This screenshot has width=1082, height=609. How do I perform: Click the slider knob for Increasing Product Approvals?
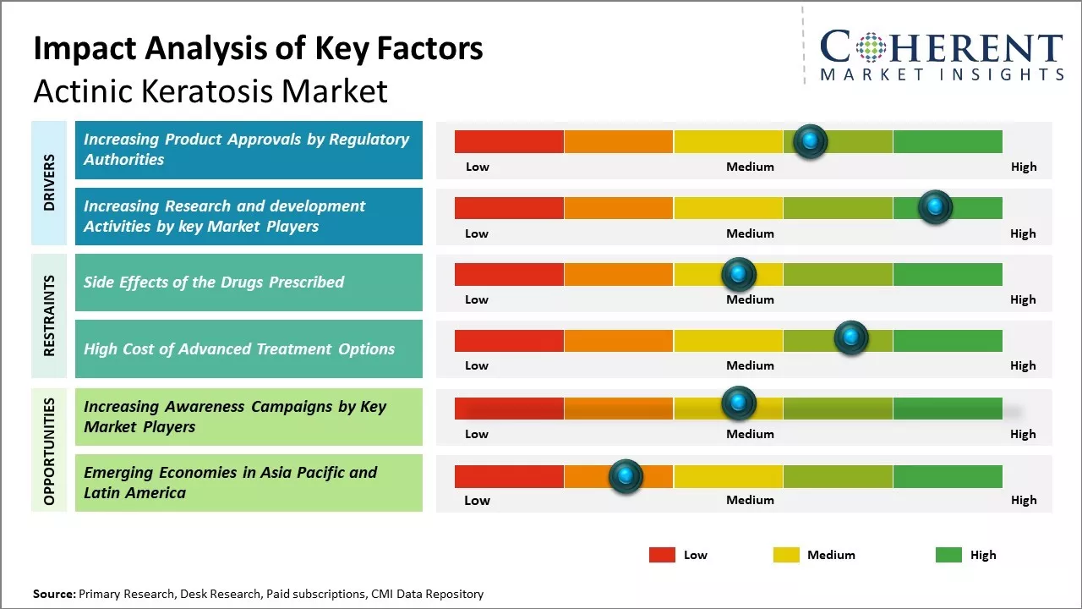pos(811,140)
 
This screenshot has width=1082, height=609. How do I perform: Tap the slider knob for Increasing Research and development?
pos(935,207)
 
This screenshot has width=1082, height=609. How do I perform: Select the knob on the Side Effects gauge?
pos(739,274)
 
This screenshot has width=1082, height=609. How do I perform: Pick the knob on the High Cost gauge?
pos(851,337)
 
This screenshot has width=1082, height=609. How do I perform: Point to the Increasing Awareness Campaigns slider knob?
pos(739,403)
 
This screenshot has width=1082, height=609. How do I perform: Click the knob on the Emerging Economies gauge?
pos(626,476)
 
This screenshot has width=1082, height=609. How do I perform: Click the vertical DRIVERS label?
pos(49,182)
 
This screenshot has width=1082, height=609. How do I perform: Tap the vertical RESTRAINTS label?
pos(49,315)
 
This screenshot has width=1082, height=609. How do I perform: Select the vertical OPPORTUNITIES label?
pos(49,451)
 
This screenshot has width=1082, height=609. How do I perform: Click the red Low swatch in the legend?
pos(662,555)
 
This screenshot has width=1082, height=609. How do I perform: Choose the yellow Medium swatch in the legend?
pos(786,555)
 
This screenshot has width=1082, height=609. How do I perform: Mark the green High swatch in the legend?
pos(948,555)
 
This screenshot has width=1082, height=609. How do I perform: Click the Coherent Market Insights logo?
pos(942,54)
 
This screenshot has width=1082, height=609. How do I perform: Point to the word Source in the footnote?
pos(53,594)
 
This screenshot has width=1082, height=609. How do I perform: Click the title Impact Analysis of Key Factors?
pos(258,48)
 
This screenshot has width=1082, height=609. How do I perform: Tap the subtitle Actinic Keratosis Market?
pos(210,91)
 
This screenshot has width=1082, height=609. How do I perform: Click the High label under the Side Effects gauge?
pos(1023,299)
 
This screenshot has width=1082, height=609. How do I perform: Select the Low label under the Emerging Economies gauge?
pos(477,500)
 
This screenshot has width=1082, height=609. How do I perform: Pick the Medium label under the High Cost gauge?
pos(750,365)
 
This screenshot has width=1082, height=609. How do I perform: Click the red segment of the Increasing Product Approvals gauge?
pos(509,141)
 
